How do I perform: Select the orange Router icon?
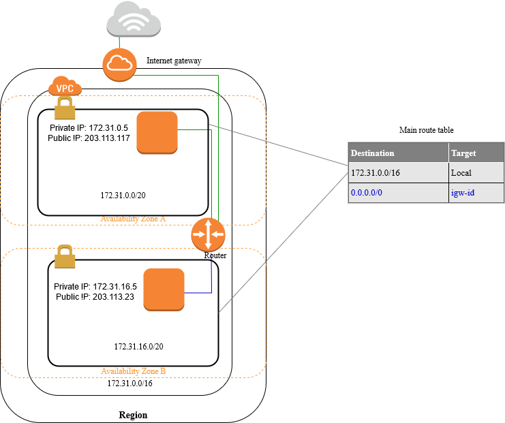208,234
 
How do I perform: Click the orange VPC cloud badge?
65,87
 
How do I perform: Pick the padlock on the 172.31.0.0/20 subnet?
64,108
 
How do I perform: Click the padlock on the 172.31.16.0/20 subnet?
64,257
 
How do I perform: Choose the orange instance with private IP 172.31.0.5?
157,132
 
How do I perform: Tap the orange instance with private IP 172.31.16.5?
164,289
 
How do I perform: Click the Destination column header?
372,153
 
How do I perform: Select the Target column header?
463,153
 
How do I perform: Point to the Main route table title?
426,130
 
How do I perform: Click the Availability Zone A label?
134,219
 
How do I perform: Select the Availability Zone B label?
134,371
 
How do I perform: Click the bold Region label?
133,415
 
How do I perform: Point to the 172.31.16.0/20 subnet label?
138,347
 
